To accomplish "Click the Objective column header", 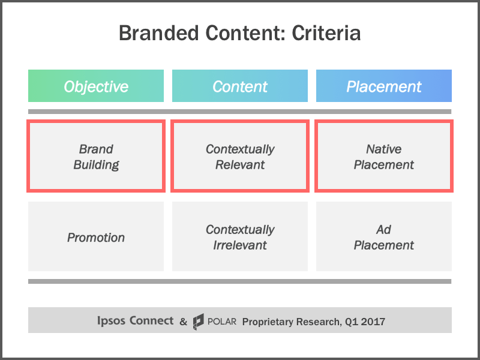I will pos(96,86).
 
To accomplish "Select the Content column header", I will pos(240,86).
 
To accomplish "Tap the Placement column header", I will pos(384,86).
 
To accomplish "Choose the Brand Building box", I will pos(96,157).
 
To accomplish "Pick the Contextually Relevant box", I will pos(240,157).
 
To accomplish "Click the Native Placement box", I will pos(384,157).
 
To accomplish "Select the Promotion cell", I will pos(96,237).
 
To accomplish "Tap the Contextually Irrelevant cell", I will pos(240,237).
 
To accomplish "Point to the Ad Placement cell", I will pos(384,237).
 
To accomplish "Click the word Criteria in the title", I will pos(326,33).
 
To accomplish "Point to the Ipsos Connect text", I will pos(135,321).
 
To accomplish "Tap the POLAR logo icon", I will pos(199,322).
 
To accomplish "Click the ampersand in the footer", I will pos(183,322).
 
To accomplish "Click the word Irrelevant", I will pos(240,245).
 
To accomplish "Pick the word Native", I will pos(384,149).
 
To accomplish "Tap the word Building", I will pos(96,164).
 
